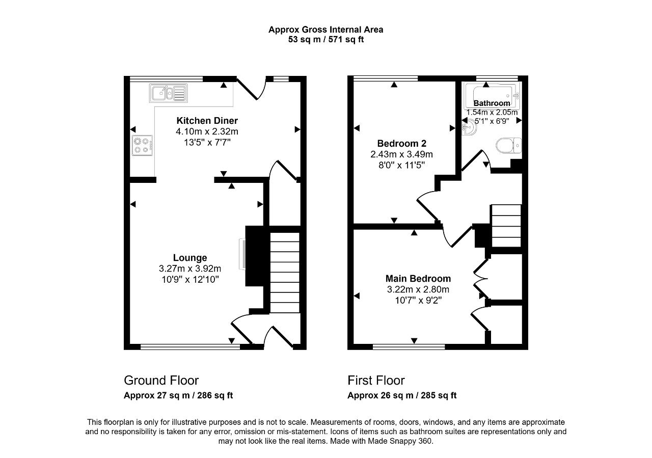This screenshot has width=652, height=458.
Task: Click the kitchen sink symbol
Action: [x=168, y=93]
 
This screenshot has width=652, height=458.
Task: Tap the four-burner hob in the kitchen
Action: [x=142, y=145]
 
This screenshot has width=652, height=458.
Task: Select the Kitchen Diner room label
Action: [x=207, y=121]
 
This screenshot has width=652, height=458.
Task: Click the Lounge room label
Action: [x=190, y=258]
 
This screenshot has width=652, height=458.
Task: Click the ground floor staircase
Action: [x=285, y=272]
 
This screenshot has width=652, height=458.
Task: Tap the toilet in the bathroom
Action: [x=508, y=145]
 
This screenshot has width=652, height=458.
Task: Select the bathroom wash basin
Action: [x=469, y=128]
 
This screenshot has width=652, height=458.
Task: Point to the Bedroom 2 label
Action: [x=402, y=144]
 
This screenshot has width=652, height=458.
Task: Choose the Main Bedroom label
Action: [x=418, y=279]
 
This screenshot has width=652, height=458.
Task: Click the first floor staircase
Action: [x=506, y=226]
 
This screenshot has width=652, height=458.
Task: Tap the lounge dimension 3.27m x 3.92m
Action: [x=190, y=268]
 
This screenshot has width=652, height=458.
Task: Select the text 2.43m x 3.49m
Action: [x=402, y=154]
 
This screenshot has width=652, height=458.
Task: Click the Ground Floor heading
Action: [x=161, y=380]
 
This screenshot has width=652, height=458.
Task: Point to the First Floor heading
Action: [x=376, y=380]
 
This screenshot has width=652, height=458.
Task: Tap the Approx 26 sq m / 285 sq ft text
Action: [x=402, y=395]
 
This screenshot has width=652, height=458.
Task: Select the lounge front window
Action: [x=191, y=347]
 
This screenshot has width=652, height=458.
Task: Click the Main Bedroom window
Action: [x=409, y=347]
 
